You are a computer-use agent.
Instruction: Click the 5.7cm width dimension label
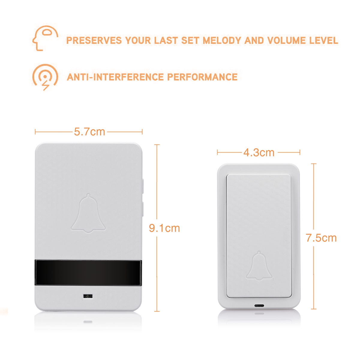click(89, 132)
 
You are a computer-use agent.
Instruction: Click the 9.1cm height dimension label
click(164, 228)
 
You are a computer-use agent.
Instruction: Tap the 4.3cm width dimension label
click(259, 152)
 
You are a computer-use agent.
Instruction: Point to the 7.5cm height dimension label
click(321, 238)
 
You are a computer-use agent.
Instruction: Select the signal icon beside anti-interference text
click(45, 76)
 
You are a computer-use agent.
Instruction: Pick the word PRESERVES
click(94, 40)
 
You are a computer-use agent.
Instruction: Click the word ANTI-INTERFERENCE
click(115, 77)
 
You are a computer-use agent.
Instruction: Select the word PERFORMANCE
click(202, 77)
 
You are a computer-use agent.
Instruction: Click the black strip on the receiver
click(88, 273)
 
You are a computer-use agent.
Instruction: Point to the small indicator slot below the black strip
click(88, 296)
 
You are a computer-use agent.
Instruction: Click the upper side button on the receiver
click(143, 186)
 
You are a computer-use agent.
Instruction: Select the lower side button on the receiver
click(143, 209)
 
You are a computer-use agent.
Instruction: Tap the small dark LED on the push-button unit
click(259, 306)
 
